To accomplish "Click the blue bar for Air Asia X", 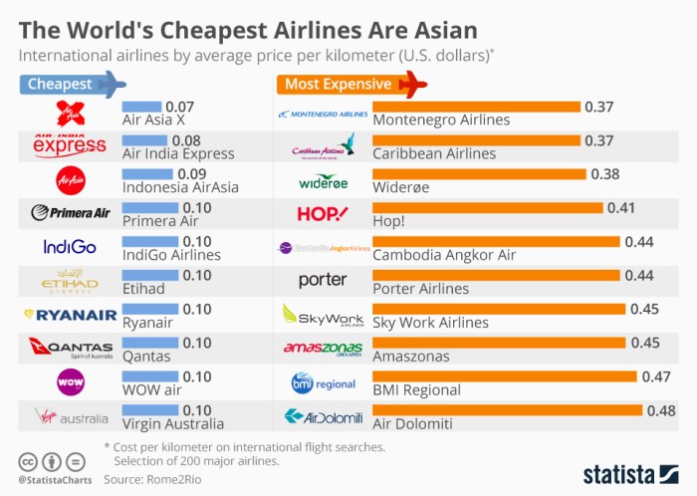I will click(141, 105).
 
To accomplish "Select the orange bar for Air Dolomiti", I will click(507, 409).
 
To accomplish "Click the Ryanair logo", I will click(70, 315).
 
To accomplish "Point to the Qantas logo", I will click(70, 348).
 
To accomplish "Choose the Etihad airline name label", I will click(142, 289).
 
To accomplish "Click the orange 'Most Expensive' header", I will click(348, 84).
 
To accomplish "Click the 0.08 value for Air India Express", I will click(186, 139).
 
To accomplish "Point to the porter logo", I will click(323, 281).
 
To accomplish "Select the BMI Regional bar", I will click(504, 375).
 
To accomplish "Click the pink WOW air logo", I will click(70, 381).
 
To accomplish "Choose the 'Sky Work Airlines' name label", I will click(430, 323).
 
